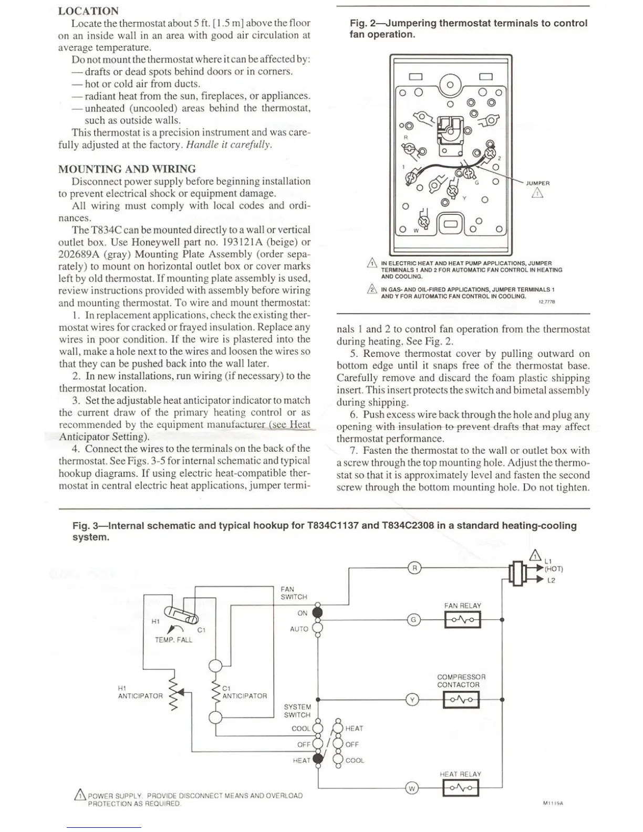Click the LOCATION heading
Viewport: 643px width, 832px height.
pyautogui.click(x=88, y=11)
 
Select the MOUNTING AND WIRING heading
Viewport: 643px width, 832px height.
pyautogui.click(x=127, y=169)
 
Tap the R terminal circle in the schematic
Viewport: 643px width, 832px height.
pyautogui.click(x=414, y=568)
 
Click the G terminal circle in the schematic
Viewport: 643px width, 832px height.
pyautogui.click(x=414, y=620)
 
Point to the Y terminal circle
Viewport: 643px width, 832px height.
pyautogui.click(x=413, y=700)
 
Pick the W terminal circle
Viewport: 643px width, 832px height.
pyautogui.click(x=412, y=788)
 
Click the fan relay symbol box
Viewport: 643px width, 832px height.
pyautogui.click(x=462, y=620)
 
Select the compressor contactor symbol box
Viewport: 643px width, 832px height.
pyautogui.click(x=461, y=700)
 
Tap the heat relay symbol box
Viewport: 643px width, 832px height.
pyautogui.click(x=461, y=788)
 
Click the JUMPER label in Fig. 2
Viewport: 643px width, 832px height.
pyautogui.click(x=537, y=183)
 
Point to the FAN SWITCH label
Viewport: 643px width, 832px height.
pyautogui.click(x=294, y=593)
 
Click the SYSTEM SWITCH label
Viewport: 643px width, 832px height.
pyautogui.click(x=297, y=711)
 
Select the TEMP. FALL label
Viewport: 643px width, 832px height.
pyautogui.click(x=173, y=640)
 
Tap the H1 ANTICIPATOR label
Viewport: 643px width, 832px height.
pyautogui.click(x=140, y=692)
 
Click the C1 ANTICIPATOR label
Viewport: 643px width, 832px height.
pyautogui.click(x=244, y=692)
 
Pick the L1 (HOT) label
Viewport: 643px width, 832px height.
pyautogui.click(x=553, y=565)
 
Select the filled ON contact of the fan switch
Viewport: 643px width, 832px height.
pyautogui.click(x=317, y=612)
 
